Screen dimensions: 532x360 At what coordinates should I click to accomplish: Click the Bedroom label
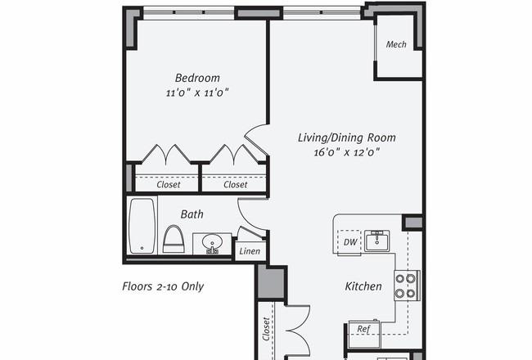197,78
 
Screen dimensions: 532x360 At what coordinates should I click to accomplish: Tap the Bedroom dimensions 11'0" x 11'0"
197,92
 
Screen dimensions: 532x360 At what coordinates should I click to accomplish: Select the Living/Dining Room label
347,137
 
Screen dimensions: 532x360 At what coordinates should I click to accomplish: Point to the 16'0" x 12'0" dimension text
347,152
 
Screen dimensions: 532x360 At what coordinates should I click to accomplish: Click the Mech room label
396,44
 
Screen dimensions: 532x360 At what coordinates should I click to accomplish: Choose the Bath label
192,214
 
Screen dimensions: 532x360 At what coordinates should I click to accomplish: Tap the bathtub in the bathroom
142,226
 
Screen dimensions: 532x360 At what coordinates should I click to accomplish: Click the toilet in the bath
174,239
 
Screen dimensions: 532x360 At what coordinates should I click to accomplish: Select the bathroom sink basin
212,243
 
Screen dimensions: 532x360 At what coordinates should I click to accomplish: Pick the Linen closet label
250,251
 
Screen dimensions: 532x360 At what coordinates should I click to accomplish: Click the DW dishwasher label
350,242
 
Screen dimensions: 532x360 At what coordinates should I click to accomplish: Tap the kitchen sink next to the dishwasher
377,241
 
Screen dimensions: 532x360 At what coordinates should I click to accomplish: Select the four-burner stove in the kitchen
407,286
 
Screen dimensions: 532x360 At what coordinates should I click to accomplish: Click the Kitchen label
363,286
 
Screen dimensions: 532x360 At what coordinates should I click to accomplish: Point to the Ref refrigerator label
363,329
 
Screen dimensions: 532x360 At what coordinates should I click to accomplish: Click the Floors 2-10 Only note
163,286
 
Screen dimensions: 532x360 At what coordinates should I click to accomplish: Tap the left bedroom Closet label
169,185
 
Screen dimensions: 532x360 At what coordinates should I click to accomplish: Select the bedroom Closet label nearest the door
236,185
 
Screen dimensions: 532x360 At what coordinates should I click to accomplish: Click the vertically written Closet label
266,329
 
